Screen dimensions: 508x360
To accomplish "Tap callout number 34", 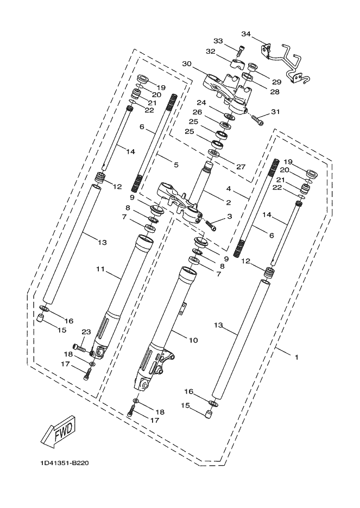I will (x=246, y=34).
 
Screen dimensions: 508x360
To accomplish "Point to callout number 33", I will (x=218, y=41).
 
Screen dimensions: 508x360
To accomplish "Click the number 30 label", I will (x=187, y=63).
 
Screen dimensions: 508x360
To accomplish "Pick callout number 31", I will (x=275, y=113).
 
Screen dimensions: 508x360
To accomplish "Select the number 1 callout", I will (x=296, y=357).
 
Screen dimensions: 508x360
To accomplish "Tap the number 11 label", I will (x=100, y=269).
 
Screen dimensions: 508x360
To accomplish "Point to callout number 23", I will (x=85, y=332).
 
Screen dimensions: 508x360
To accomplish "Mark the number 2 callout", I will (x=228, y=202).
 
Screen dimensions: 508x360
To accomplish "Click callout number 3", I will (x=230, y=217).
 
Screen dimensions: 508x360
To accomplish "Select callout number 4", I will (x=229, y=189).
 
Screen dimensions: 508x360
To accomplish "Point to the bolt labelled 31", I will (x=257, y=120).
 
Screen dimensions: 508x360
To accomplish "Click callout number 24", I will (x=202, y=103).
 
